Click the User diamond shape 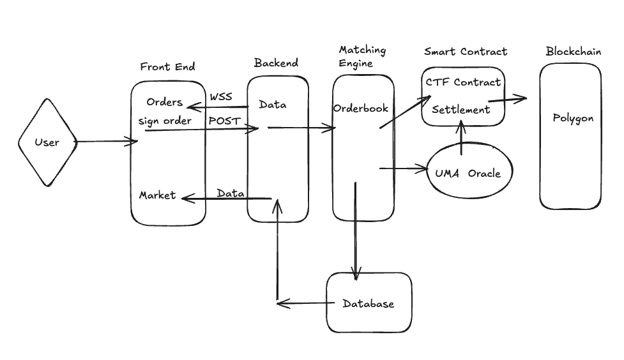point(47,142)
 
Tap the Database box point(369,303)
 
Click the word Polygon point(573,119)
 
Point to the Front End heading point(167,66)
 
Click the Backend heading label point(276,63)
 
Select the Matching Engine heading point(362,56)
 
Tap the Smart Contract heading point(466,52)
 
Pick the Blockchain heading point(573,52)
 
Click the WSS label point(221,97)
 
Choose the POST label point(224,120)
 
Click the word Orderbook point(361,109)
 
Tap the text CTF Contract point(464,82)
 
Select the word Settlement point(460,110)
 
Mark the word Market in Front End point(157,195)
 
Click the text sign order point(165,121)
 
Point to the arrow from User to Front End point(106,142)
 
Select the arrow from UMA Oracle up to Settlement point(461,137)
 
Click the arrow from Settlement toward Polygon point(508,99)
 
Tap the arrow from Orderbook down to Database point(355,230)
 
